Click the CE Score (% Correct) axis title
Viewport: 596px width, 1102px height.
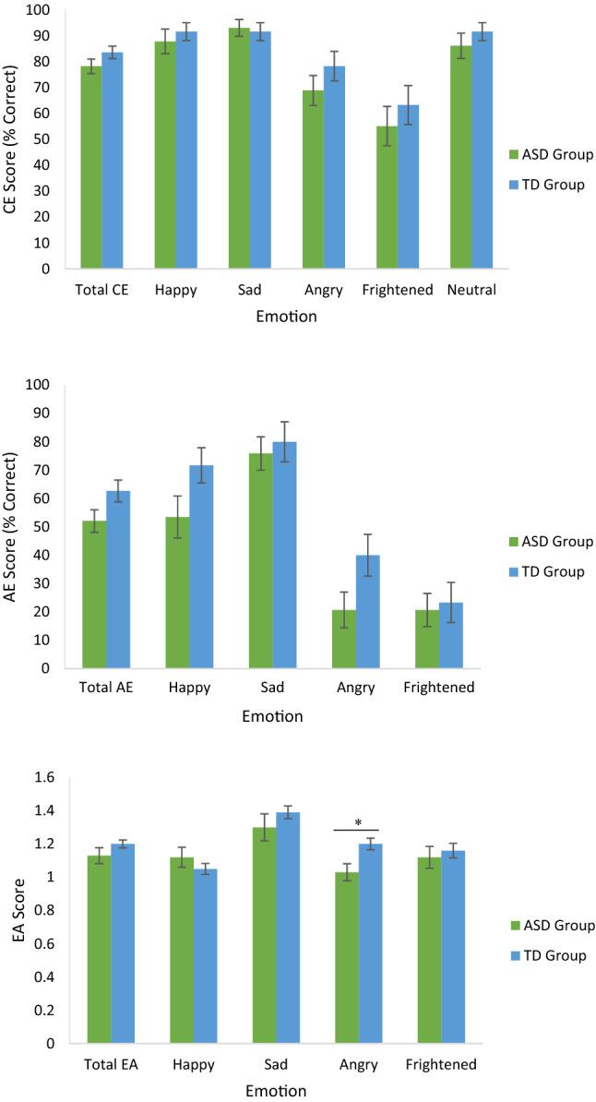click(12, 140)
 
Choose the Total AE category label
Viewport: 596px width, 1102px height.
click(94, 689)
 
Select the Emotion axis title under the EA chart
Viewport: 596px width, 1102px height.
click(275, 1090)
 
